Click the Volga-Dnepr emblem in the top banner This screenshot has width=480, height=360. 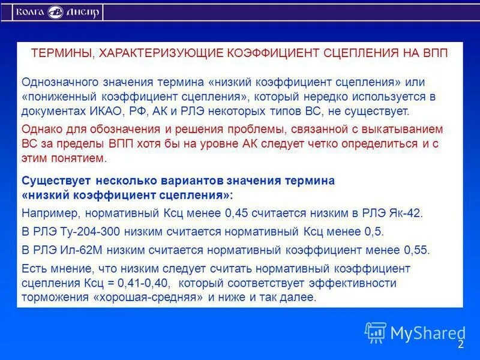[56, 12]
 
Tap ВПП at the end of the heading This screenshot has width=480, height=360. [434, 53]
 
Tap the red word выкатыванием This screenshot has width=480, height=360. [404, 129]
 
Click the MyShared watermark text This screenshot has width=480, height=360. [428, 332]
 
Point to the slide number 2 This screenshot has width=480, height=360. [461, 344]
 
